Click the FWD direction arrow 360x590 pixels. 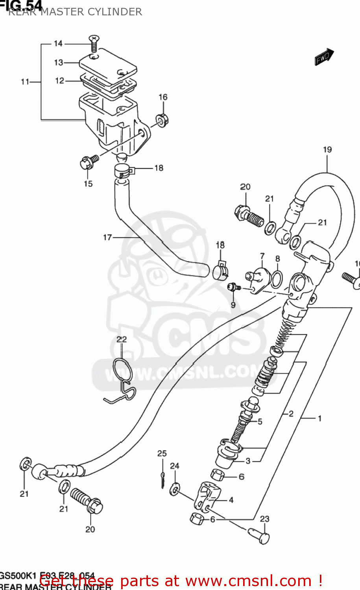[x=324, y=57]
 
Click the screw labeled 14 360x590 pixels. [x=94, y=43]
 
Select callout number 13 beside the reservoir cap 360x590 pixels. [x=59, y=63]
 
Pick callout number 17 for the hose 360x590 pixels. [x=107, y=237]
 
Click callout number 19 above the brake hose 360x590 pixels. [x=327, y=149]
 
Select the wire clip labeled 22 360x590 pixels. [x=121, y=378]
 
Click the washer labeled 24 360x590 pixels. [x=174, y=490]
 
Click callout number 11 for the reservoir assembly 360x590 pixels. [x=25, y=82]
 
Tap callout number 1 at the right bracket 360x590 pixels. [x=319, y=419]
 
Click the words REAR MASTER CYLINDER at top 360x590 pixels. [x=75, y=12]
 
